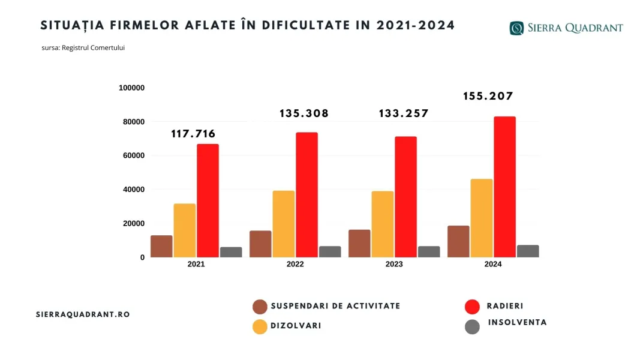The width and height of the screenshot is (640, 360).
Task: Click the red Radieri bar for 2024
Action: (504, 187)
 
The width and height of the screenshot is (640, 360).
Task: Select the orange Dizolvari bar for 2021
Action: (185, 230)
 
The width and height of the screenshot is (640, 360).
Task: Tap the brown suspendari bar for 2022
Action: (260, 244)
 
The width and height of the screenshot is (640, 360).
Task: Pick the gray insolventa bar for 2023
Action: (429, 251)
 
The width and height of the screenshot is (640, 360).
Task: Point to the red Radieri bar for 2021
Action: (208, 200)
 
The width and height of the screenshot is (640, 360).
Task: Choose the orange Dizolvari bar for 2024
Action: (482, 218)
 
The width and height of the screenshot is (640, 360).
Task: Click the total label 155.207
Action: (488, 96)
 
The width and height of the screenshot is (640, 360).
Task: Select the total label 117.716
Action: (193, 134)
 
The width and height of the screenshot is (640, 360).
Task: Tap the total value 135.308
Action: (304, 113)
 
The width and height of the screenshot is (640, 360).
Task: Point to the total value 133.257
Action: (404, 113)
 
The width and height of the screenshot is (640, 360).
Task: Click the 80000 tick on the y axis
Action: (133, 122)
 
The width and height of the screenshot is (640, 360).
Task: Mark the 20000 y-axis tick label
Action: (133, 223)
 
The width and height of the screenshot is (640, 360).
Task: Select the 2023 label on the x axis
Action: (394, 265)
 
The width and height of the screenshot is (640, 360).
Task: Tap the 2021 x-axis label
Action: (196, 265)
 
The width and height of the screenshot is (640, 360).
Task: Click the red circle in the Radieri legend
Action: (473, 307)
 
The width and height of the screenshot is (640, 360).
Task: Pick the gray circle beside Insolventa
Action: (473, 327)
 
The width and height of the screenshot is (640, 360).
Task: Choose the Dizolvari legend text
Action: (296, 326)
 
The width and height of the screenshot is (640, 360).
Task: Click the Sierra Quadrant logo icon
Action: (516, 28)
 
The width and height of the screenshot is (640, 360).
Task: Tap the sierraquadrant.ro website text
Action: (83, 314)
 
